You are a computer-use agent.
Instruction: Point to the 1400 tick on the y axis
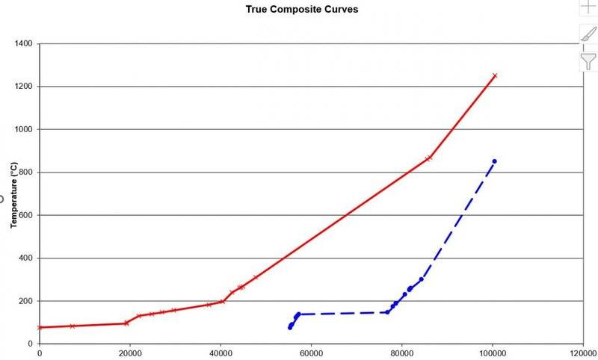pyautogui.click(x=22, y=44)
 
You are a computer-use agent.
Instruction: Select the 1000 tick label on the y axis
pyautogui.click(x=22, y=130)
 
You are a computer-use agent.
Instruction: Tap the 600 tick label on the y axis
pyautogui.click(x=25, y=216)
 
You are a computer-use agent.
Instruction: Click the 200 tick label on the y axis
pyautogui.click(x=25, y=302)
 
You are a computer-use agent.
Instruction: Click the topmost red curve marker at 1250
pyautogui.click(x=494, y=75)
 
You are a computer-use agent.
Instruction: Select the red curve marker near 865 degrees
pyautogui.click(x=429, y=158)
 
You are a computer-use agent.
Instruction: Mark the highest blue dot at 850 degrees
pyautogui.click(x=494, y=161)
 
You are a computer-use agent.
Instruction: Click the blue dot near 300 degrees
pyautogui.click(x=422, y=279)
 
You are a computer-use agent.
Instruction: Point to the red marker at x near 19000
pyautogui.click(x=126, y=323)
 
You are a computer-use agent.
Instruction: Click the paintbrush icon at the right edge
pyautogui.click(x=589, y=34)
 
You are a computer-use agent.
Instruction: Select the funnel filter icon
pyautogui.click(x=589, y=61)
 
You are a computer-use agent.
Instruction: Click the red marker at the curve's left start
pyautogui.click(x=40, y=327)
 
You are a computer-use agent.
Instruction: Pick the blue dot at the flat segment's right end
pyautogui.click(x=387, y=312)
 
